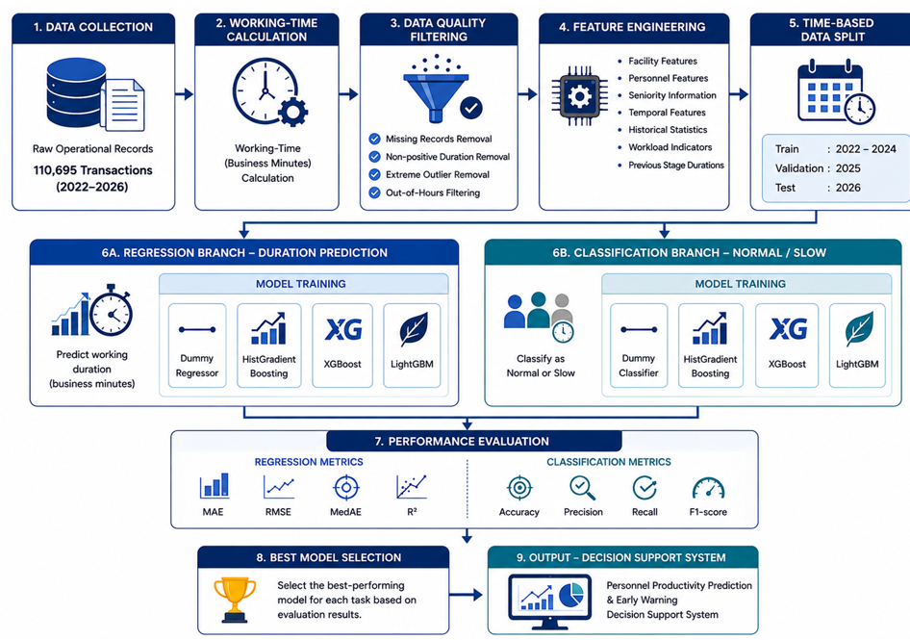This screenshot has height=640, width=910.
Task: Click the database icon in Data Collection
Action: [x=77, y=93]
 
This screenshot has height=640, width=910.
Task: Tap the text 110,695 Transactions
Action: [x=93, y=170]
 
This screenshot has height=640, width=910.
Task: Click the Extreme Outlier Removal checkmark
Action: [x=375, y=174]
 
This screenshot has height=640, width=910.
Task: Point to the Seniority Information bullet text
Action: [x=672, y=95]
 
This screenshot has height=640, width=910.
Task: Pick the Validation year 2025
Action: [x=847, y=168]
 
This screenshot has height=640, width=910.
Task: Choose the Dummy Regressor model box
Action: [x=197, y=345]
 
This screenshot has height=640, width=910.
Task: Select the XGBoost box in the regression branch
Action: [x=342, y=345]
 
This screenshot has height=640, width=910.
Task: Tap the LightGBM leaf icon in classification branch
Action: [x=860, y=329]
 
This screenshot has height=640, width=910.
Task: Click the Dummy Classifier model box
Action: [x=639, y=345]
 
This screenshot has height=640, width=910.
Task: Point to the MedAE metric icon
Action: [x=346, y=487]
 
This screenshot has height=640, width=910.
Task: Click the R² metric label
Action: [x=412, y=512]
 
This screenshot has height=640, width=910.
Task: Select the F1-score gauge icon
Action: [x=709, y=489]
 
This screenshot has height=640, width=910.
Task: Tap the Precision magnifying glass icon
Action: [x=582, y=488]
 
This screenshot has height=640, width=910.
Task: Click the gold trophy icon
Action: [x=235, y=600]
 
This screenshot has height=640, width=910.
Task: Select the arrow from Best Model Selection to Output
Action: [x=466, y=594]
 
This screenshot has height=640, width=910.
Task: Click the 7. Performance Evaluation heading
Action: [x=462, y=442]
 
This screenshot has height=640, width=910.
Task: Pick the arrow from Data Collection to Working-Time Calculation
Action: [x=184, y=94]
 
